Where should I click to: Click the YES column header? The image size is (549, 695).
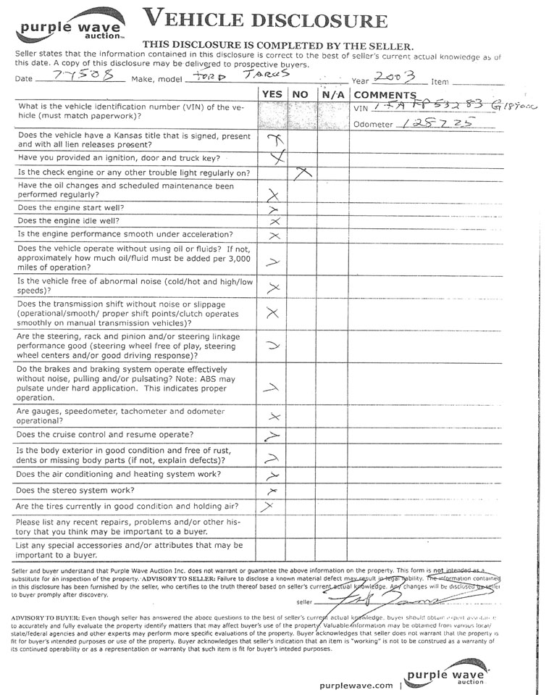click(x=272, y=94)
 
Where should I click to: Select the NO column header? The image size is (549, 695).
click(x=300, y=94)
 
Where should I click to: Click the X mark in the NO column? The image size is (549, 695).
click(x=303, y=172)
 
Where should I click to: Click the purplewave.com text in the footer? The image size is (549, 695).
click(x=356, y=684)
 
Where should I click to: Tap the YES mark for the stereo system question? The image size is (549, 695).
click(x=273, y=491)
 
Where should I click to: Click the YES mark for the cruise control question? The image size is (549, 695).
click(x=272, y=436)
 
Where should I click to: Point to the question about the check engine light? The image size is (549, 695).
click(x=134, y=172)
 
